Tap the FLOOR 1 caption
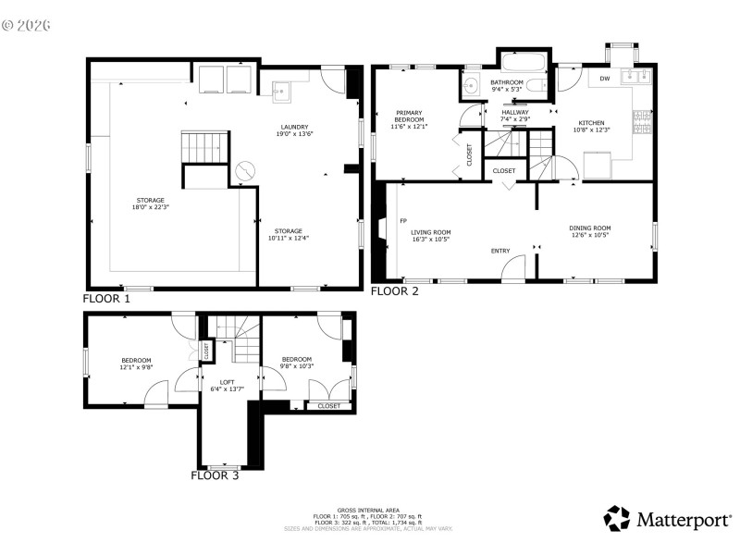tap(107, 299)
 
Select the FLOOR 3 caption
tap(215, 476)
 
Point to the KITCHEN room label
tap(592, 123)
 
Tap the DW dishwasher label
tap(604, 79)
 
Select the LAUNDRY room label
tap(294, 127)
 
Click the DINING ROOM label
tap(589, 228)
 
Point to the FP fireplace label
tap(403, 222)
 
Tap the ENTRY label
tap(500, 251)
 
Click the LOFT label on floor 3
tap(227, 381)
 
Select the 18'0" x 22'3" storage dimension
tap(151, 207)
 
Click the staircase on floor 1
tap(203, 146)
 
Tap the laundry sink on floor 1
tap(282, 90)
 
